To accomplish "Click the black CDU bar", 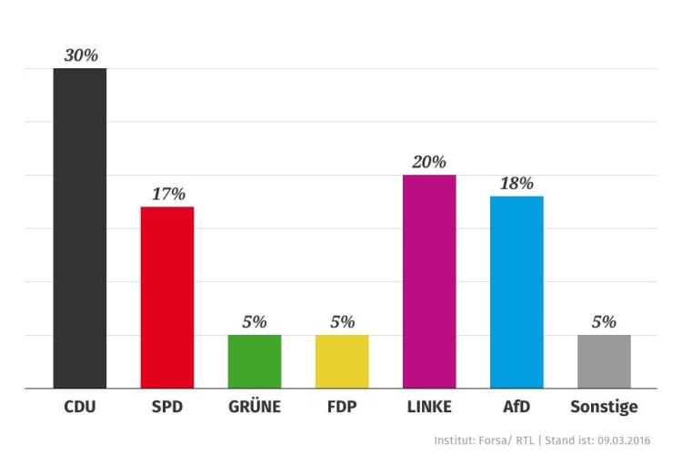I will (80, 227).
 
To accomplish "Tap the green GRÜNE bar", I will (255, 361).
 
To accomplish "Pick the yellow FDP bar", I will (342, 361).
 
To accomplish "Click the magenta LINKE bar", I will (429, 281).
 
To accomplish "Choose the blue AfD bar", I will (517, 292).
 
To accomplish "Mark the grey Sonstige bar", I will (604, 361).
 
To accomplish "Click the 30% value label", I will (80, 55).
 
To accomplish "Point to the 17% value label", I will (167, 193).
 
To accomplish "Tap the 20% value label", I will (429, 162).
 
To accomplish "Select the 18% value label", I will (517, 183).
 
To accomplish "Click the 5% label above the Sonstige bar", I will (604, 321).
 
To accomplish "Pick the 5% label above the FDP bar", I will (342, 321).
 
